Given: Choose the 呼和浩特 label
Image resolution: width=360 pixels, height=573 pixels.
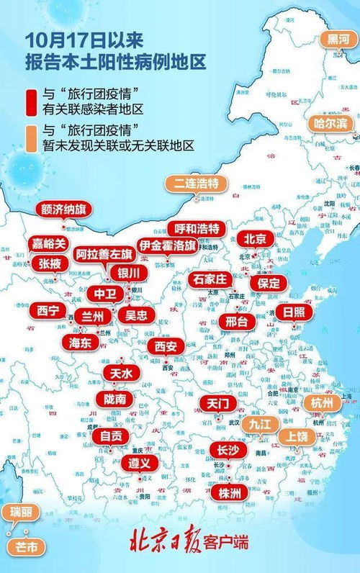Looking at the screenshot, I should (197, 228).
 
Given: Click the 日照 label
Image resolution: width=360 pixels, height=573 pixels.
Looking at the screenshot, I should (293, 312).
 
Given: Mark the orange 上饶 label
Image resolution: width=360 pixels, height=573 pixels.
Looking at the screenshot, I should (297, 436).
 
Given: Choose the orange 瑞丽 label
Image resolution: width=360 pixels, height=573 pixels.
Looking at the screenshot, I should (20, 513).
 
